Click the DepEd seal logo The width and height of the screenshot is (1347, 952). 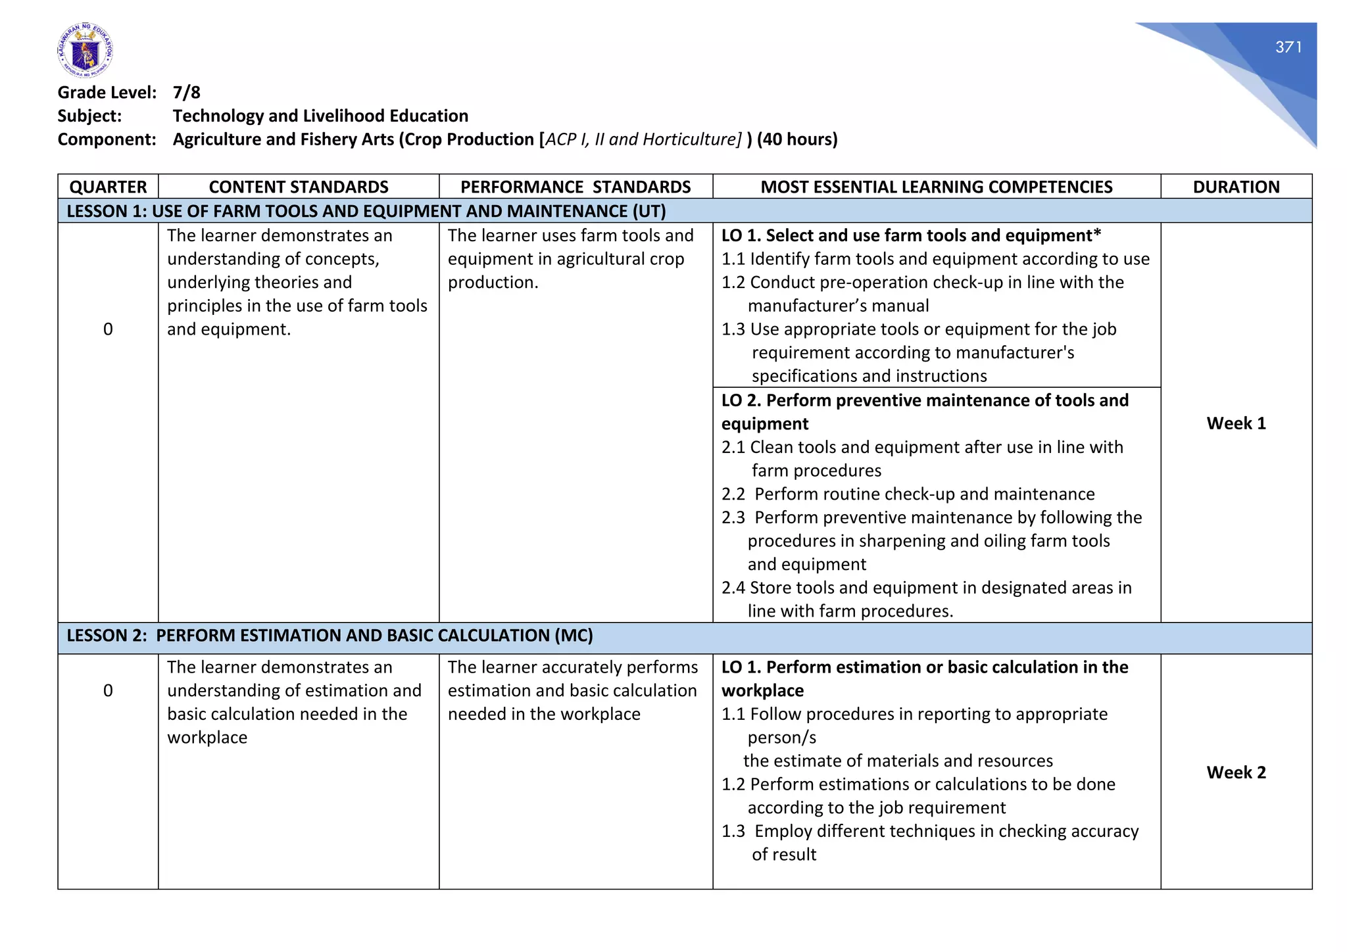[85, 51]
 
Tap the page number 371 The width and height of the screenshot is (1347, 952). [1288, 47]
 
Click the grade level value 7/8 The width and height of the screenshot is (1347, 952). [187, 93]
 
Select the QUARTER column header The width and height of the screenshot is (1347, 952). [108, 187]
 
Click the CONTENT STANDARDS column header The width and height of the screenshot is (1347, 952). [299, 187]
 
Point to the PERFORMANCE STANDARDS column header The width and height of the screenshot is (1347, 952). [576, 187]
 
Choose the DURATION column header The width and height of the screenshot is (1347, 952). [1236, 187]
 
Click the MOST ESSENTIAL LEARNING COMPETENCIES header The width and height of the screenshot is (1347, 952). [936, 187]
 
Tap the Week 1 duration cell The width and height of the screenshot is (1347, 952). [1236, 423]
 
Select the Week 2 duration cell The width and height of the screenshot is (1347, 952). [1236, 773]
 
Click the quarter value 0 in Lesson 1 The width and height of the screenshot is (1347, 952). [108, 329]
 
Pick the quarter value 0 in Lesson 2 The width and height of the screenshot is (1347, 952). [108, 691]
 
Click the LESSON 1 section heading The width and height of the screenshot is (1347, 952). [366, 211]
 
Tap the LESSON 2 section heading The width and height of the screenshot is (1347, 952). [330, 636]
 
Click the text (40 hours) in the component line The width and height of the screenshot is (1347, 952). [797, 139]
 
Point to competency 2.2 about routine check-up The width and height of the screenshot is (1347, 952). [908, 494]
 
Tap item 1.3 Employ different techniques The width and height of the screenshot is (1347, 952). [929, 832]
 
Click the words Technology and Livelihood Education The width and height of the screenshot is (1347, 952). [320, 116]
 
